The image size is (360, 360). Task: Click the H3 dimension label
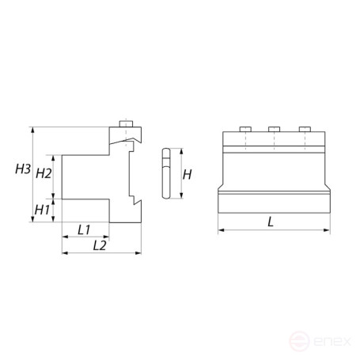(23, 169)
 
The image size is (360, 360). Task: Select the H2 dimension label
(44, 172)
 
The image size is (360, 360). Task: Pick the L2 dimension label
(100, 246)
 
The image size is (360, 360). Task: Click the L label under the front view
(271, 222)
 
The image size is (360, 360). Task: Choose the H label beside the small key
(187, 173)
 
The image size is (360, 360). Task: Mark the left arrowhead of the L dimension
(219, 231)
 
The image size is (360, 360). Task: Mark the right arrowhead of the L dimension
(328, 231)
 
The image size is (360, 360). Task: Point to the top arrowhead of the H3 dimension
(31, 129)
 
